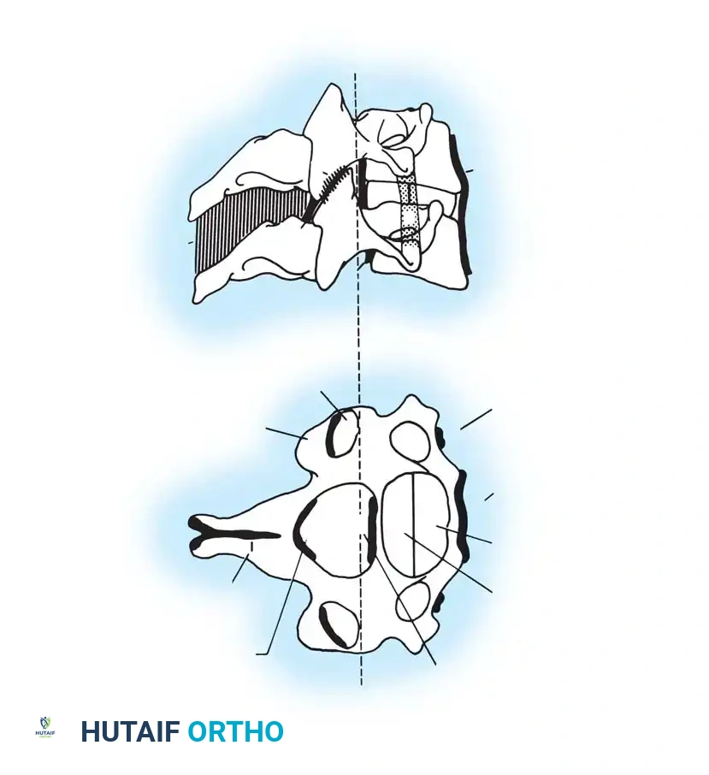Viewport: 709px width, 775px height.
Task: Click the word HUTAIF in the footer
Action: point(130,732)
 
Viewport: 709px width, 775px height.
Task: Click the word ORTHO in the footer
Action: point(235,732)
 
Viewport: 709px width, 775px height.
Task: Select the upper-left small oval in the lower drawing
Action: point(344,432)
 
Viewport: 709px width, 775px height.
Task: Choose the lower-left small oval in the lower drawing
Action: point(334,624)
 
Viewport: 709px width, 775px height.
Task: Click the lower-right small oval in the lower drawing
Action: point(414,602)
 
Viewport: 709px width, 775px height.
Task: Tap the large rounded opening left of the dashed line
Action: point(334,524)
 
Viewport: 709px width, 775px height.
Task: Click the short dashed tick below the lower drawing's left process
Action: point(252,546)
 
